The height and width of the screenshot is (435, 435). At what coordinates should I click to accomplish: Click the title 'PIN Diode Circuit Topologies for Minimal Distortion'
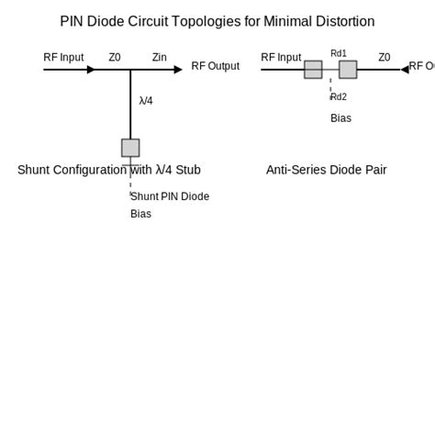coord(217,21)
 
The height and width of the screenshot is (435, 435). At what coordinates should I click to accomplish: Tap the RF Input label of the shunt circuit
coord(63,57)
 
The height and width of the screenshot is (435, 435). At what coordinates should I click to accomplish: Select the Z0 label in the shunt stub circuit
coord(115,57)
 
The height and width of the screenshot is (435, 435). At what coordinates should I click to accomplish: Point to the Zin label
coord(160,57)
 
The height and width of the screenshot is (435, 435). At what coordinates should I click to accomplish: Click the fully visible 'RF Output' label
coord(215,66)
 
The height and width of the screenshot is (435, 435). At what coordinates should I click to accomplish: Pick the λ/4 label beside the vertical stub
coord(146,101)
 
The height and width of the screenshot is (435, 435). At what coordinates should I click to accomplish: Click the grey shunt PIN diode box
coord(130,148)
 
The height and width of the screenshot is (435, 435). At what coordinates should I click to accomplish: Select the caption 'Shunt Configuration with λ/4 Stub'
coord(108,170)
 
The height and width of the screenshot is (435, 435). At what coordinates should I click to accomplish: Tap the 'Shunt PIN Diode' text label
coord(170,196)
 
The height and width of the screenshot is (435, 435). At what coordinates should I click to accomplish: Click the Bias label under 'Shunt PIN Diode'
coord(140,214)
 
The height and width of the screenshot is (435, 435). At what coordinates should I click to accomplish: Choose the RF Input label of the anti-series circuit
coord(281,57)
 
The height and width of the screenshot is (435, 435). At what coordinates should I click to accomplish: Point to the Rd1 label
coord(339,53)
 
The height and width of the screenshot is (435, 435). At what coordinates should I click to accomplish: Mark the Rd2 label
coord(339,96)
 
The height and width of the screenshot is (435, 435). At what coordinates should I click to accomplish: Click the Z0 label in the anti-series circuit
coord(385,57)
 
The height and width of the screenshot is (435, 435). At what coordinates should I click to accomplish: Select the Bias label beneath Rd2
coord(340,118)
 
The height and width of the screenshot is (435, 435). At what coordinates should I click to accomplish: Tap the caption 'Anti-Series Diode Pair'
coord(326,170)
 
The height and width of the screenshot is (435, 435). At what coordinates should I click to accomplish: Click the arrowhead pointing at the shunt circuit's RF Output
coord(178,70)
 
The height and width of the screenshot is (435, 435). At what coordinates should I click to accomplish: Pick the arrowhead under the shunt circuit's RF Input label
coord(91,70)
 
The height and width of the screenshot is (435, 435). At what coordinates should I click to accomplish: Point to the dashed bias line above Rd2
coord(330,85)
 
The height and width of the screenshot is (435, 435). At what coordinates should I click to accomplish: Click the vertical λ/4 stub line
coord(130,106)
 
